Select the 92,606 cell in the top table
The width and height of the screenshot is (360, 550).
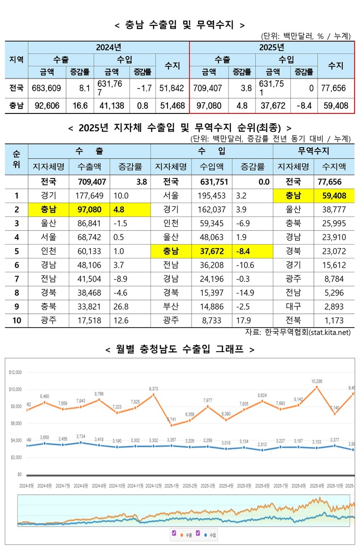(47, 106)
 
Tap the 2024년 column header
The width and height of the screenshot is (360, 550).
(108, 47)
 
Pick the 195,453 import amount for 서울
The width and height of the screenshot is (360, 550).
(213, 196)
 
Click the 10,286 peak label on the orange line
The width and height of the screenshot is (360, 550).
(317, 381)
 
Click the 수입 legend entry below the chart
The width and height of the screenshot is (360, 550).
(211, 536)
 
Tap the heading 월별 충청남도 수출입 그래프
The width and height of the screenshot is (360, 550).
(180, 349)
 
